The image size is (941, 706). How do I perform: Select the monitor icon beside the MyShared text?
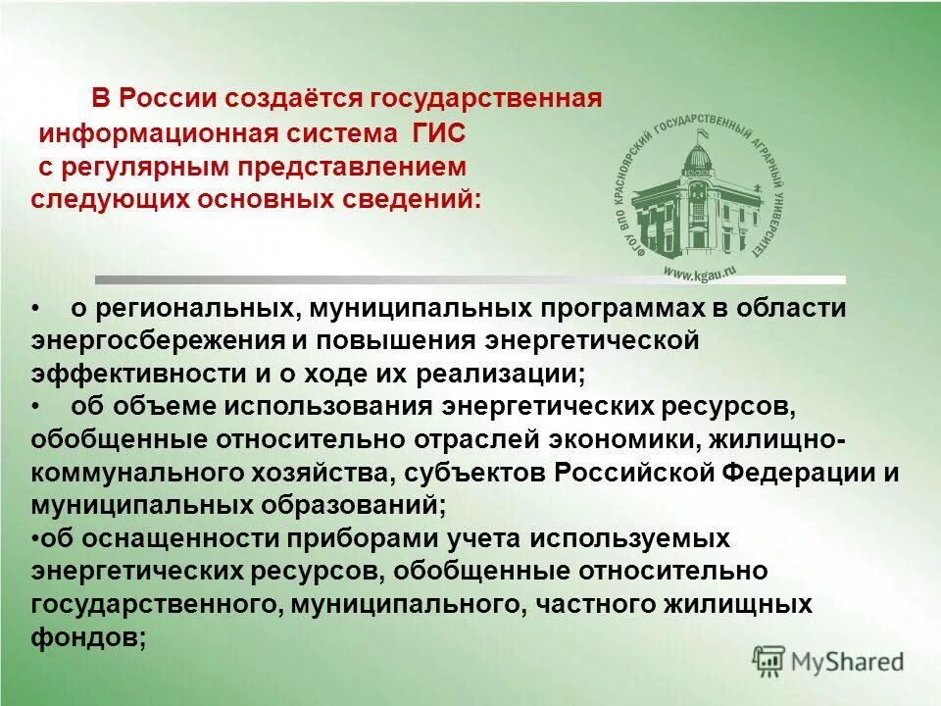coord(770,660)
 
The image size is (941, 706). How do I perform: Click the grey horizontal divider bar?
coord(470,279)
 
